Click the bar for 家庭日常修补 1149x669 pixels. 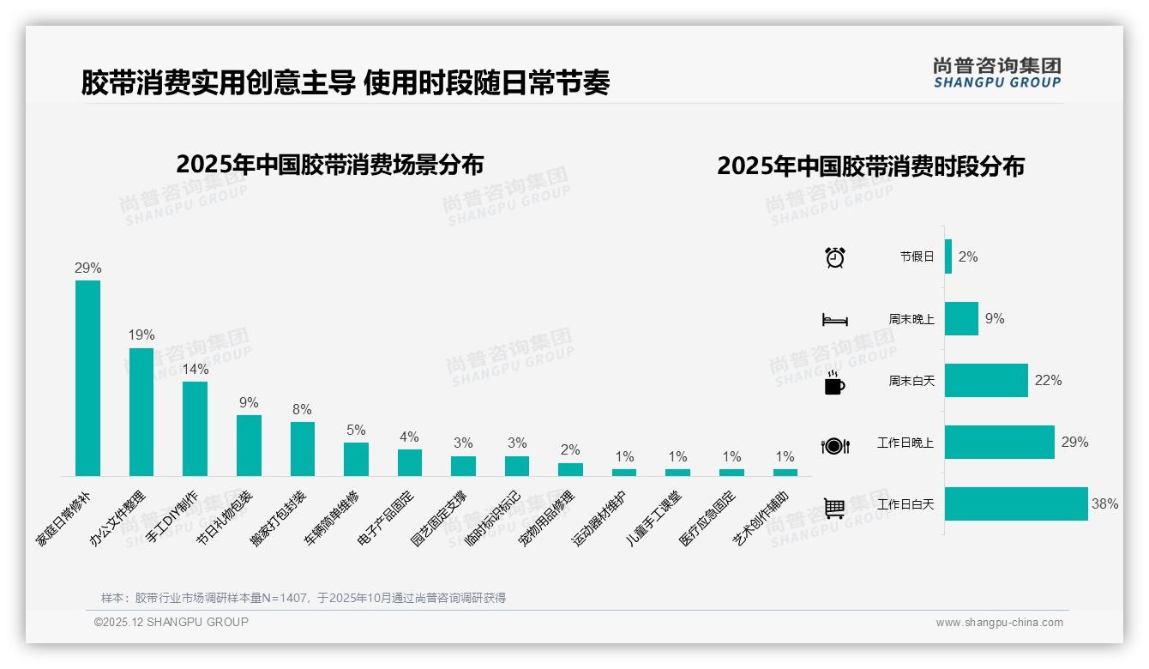pyautogui.click(x=87, y=378)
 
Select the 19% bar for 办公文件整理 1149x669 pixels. pyautogui.click(x=141, y=412)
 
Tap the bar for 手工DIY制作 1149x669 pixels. pyautogui.click(x=195, y=429)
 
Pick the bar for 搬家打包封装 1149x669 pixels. pyautogui.click(x=303, y=449)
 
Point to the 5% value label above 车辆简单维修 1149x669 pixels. pyautogui.click(x=356, y=430)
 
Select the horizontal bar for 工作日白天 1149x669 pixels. pyautogui.click(x=1016, y=504)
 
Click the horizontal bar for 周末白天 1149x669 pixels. pyautogui.click(x=986, y=381)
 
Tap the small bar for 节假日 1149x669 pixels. pyautogui.click(x=948, y=256)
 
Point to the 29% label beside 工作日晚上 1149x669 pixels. pyautogui.click(x=1074, y=443)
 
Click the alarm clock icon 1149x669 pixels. pyautogui.click(x=835, y=257)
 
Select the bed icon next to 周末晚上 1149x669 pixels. pyautogui.click(x=835, y=320)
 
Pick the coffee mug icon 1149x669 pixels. pyautogui.click(x=834, y=383)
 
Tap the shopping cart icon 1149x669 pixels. pyautogui.click(x=834, y=508)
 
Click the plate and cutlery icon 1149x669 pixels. pyautogui.click(x=835, y=446)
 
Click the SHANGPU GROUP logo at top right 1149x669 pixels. pyautogui.click(x=996, y=73)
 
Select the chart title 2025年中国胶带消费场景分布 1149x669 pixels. pyautogui.click(x=330, y=165)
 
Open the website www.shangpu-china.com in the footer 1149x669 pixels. pyautogui.click(x=999, y=623)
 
